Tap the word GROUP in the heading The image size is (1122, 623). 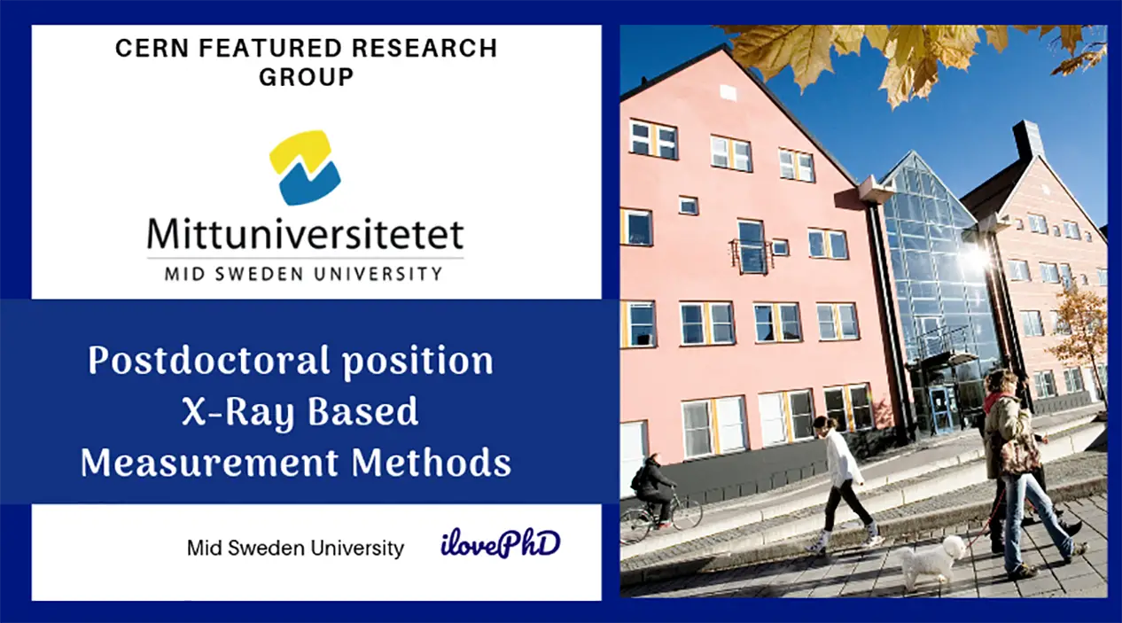pos(307,77)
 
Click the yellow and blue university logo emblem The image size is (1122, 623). pos(305,167)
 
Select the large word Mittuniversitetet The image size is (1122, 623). pos(305,234)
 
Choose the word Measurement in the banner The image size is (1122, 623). pos(209,463)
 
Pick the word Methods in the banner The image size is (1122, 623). pos(431,463)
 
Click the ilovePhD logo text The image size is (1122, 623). pos(500,543)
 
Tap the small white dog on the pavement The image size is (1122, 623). pos(932,561)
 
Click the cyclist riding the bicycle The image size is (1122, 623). pos(652,488)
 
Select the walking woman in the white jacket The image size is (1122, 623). pos(845,484)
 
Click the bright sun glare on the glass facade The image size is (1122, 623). pos(976,258)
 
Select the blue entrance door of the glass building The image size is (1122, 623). pos(943,409)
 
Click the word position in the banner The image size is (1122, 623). pos(417,362)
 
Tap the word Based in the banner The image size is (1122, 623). pos(362,411)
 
